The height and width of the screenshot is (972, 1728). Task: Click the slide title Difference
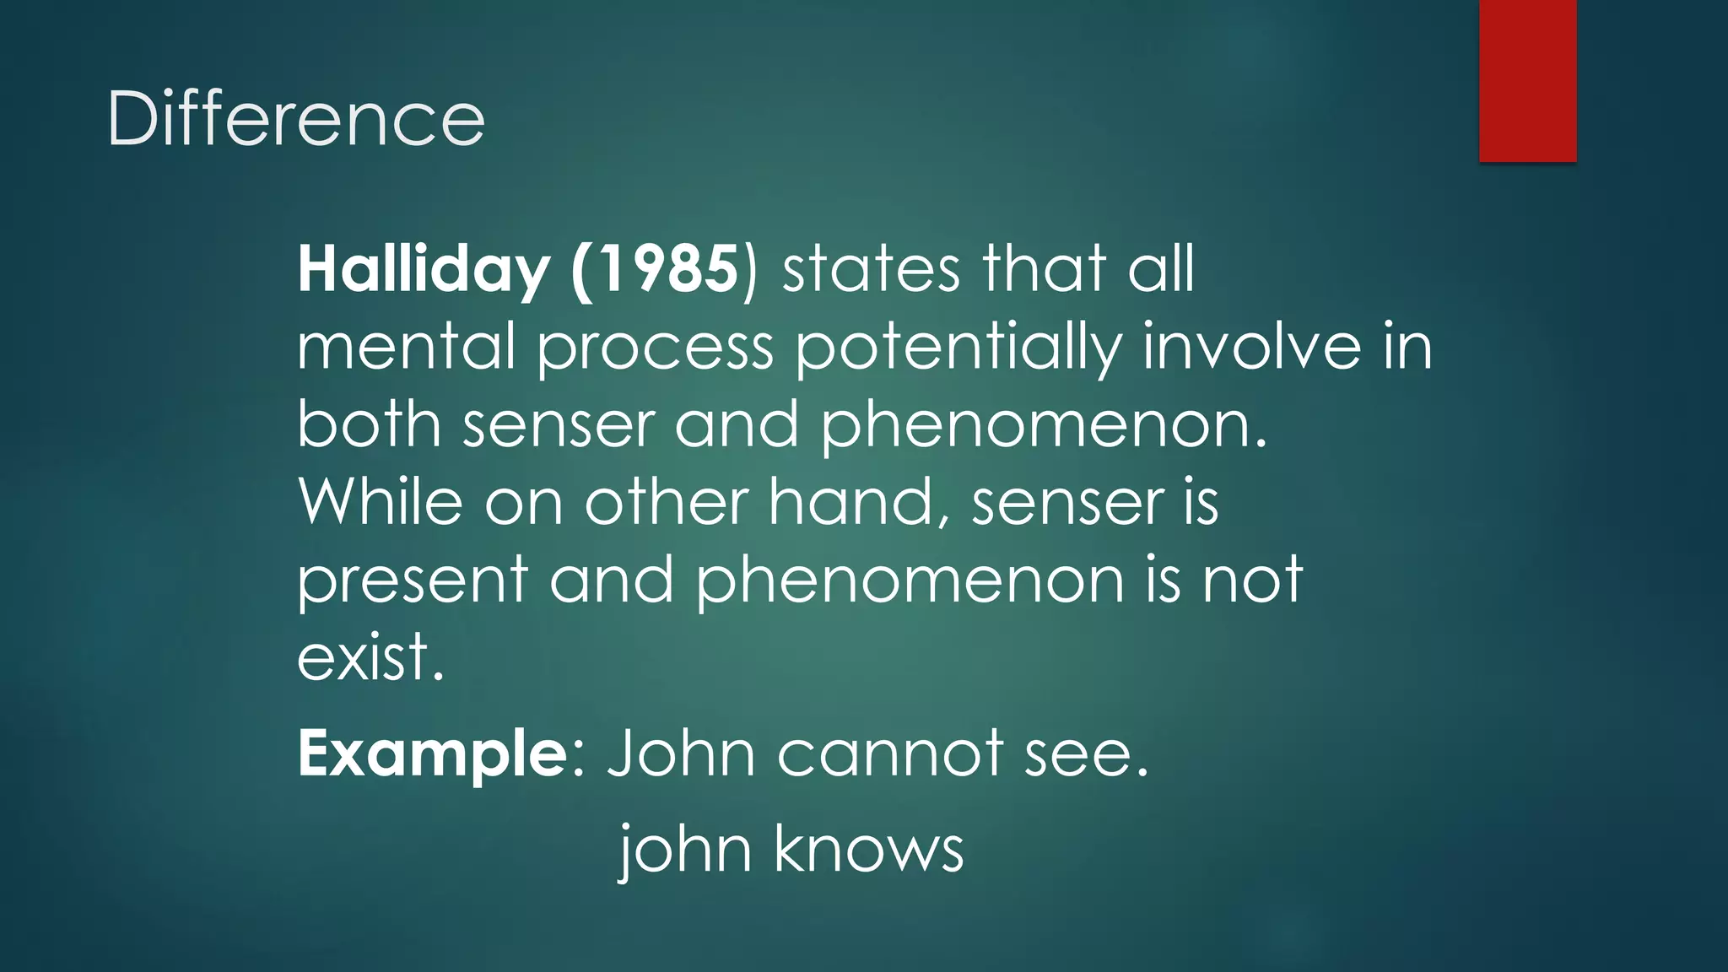tap(295, 119)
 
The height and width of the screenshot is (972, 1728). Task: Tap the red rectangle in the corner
tap(1527, 80)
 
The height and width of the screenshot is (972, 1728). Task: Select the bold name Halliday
tap(424, 270)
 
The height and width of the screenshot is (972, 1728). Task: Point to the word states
tap(871, 270)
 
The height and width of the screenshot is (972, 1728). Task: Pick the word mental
tap(406, 347)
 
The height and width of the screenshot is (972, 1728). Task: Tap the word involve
tap(1251, 347)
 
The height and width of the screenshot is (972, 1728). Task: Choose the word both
tap(369, 424)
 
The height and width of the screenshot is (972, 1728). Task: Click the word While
tap(381, 502)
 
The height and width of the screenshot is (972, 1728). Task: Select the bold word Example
tap(433, 754)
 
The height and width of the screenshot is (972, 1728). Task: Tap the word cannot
tap(890, 754)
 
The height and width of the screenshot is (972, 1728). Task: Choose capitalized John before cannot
tap(682, 754)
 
